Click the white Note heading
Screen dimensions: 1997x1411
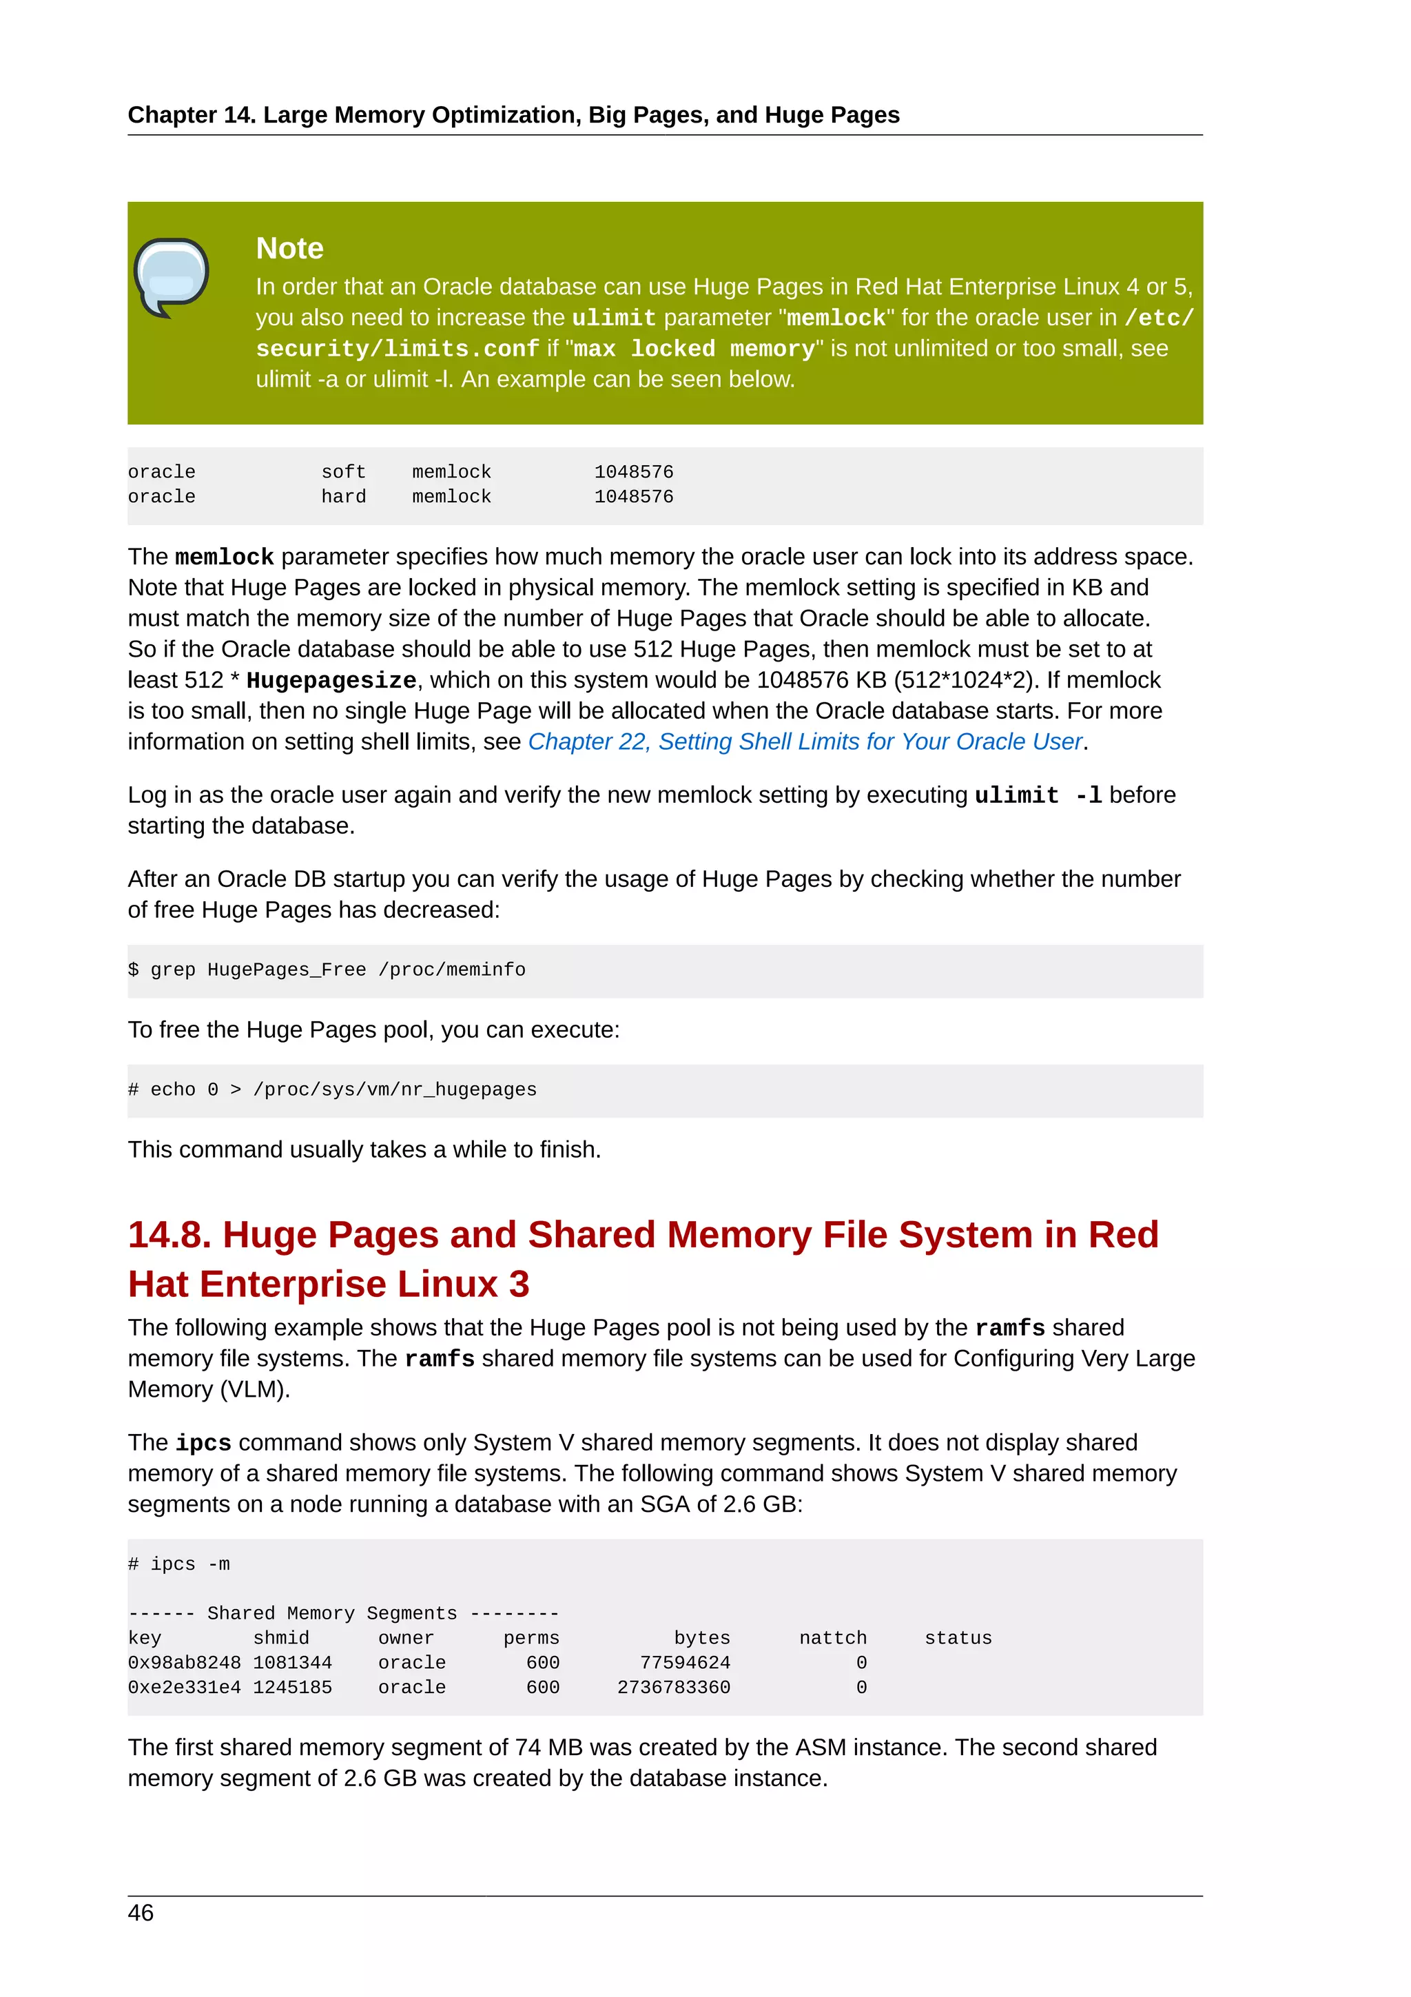289,249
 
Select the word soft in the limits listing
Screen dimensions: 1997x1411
343,472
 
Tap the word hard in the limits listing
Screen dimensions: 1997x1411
343,497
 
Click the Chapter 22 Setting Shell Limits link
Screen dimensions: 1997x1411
805,742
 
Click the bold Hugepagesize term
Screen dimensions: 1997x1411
331,680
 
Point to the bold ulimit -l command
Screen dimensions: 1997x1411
1038,796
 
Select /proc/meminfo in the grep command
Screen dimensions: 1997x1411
451,970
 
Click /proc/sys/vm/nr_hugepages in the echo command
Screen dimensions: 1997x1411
395,1090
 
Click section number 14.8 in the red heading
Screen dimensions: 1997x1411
169,1235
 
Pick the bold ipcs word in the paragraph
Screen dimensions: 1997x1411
203,1443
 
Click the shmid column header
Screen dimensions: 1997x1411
281,1639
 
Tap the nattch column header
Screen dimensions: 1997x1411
832,1639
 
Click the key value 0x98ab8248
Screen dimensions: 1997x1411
185,1663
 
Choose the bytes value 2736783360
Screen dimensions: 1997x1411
673,1688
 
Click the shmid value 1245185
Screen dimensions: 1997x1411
292,1688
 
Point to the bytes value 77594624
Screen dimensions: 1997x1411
684,1663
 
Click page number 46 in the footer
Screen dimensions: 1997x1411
141,1913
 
